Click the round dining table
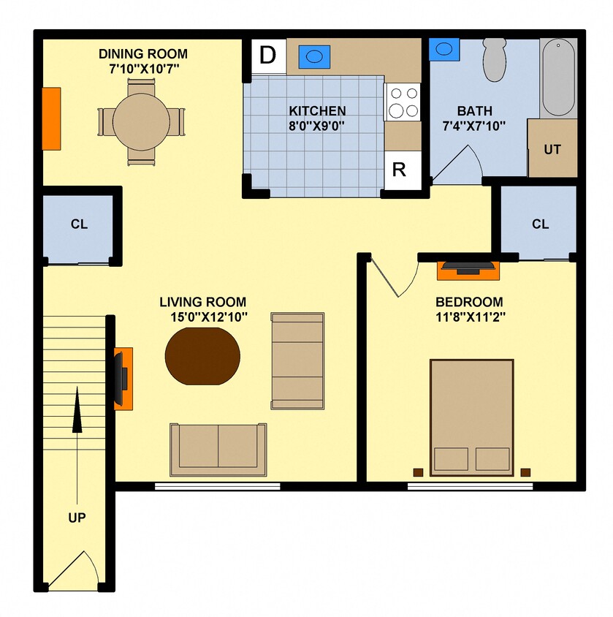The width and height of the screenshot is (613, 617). (141, 121)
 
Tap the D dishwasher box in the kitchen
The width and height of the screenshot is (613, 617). (269, 56)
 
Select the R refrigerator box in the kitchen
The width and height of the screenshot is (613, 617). (399, 170)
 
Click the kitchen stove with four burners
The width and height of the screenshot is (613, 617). (403, 102)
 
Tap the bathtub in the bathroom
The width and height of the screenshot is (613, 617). (557, 77)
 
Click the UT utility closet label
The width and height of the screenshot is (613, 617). (552, 149)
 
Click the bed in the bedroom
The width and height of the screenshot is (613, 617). (471, 417)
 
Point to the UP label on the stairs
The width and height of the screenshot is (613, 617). (77, 518)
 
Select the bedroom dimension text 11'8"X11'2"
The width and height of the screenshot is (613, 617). (469, 317)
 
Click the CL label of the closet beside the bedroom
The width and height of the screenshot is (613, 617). (540, 224)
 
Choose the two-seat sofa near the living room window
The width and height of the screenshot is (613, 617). (218, 447)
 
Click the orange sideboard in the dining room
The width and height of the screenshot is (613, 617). (51, 118)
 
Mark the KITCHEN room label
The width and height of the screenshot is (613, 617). (317, 111)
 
